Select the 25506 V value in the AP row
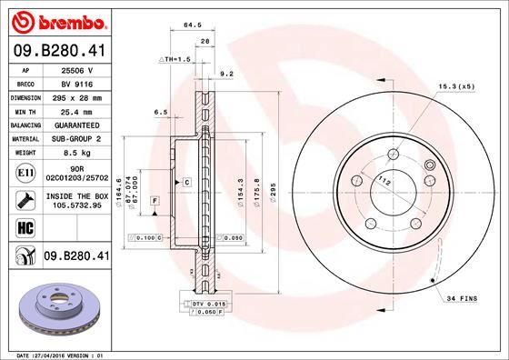coord(74,69)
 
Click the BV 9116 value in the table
coord(74,83)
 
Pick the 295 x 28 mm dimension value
coord(74,96)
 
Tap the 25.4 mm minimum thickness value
coord(74,110)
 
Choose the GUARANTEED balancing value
coord(74,124)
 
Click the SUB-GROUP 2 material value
coord(74,138)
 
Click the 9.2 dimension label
coord(227,74)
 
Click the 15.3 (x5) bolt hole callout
coord(455,86)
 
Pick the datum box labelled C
coord(185,183)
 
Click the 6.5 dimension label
coord(162,112)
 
